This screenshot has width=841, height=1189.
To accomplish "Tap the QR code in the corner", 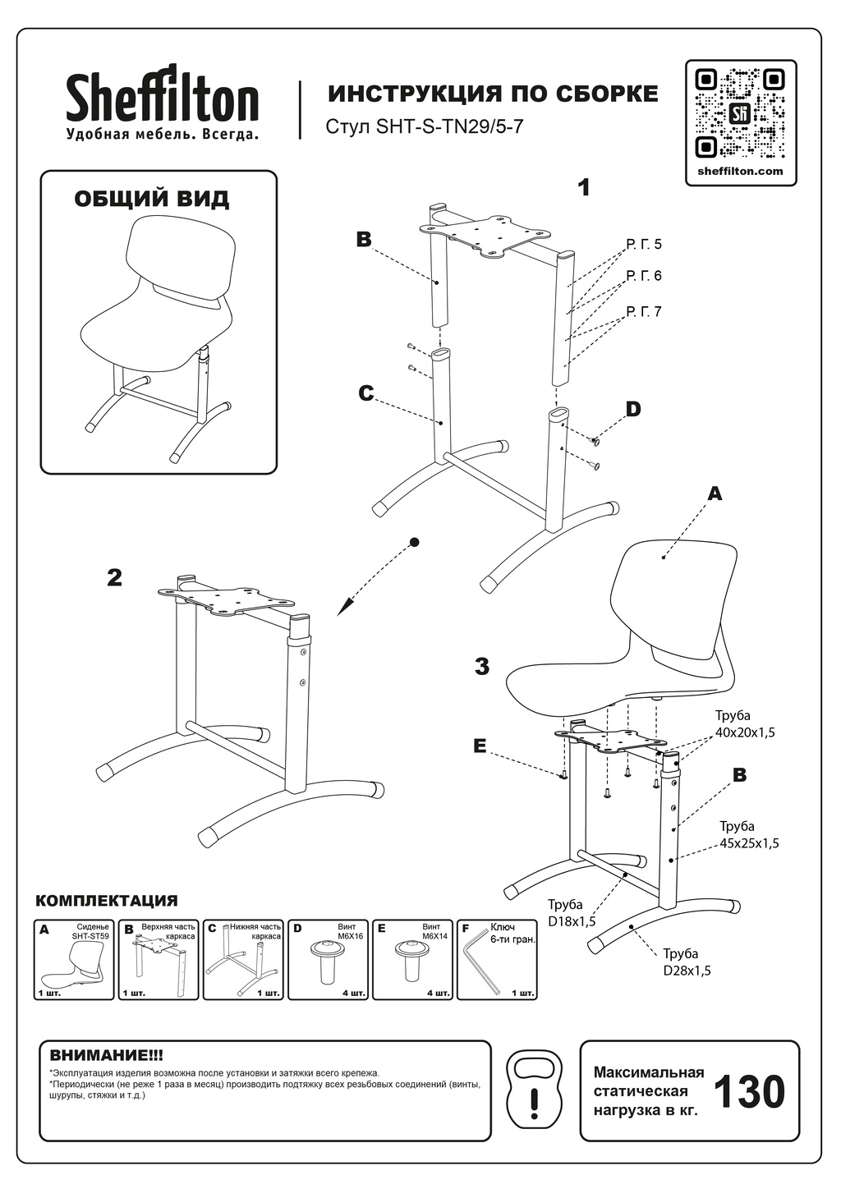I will tap(740, 112).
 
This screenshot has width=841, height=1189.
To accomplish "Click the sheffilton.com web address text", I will tap(740, 172).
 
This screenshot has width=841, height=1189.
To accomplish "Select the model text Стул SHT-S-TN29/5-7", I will tap(424, 127).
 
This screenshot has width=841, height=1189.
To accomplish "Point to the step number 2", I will tap(115, 578).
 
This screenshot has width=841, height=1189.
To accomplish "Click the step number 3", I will tap(482, 667).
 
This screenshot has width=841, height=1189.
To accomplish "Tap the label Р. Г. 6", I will tap(643, 276).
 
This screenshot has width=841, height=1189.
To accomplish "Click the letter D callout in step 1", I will tap(633, 409).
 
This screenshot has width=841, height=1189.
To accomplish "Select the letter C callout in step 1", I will tap(366, 393).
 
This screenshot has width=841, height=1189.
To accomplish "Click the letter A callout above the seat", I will tap(715, 494).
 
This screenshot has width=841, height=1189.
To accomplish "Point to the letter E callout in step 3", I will tap(480, 746).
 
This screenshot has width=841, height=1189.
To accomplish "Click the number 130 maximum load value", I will tap(748, 1092).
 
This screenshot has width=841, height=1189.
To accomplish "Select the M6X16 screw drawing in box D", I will tap(329, 962).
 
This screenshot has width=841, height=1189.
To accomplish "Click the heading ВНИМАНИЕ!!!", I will tap(107, 1054).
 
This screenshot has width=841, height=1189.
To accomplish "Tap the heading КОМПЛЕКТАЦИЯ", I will tap(107, 902).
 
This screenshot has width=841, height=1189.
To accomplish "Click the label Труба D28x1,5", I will tap(681, 962).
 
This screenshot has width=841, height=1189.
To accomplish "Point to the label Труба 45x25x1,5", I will tap(749, 834).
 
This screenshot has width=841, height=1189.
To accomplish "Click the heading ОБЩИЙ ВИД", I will tap(152, 199).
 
